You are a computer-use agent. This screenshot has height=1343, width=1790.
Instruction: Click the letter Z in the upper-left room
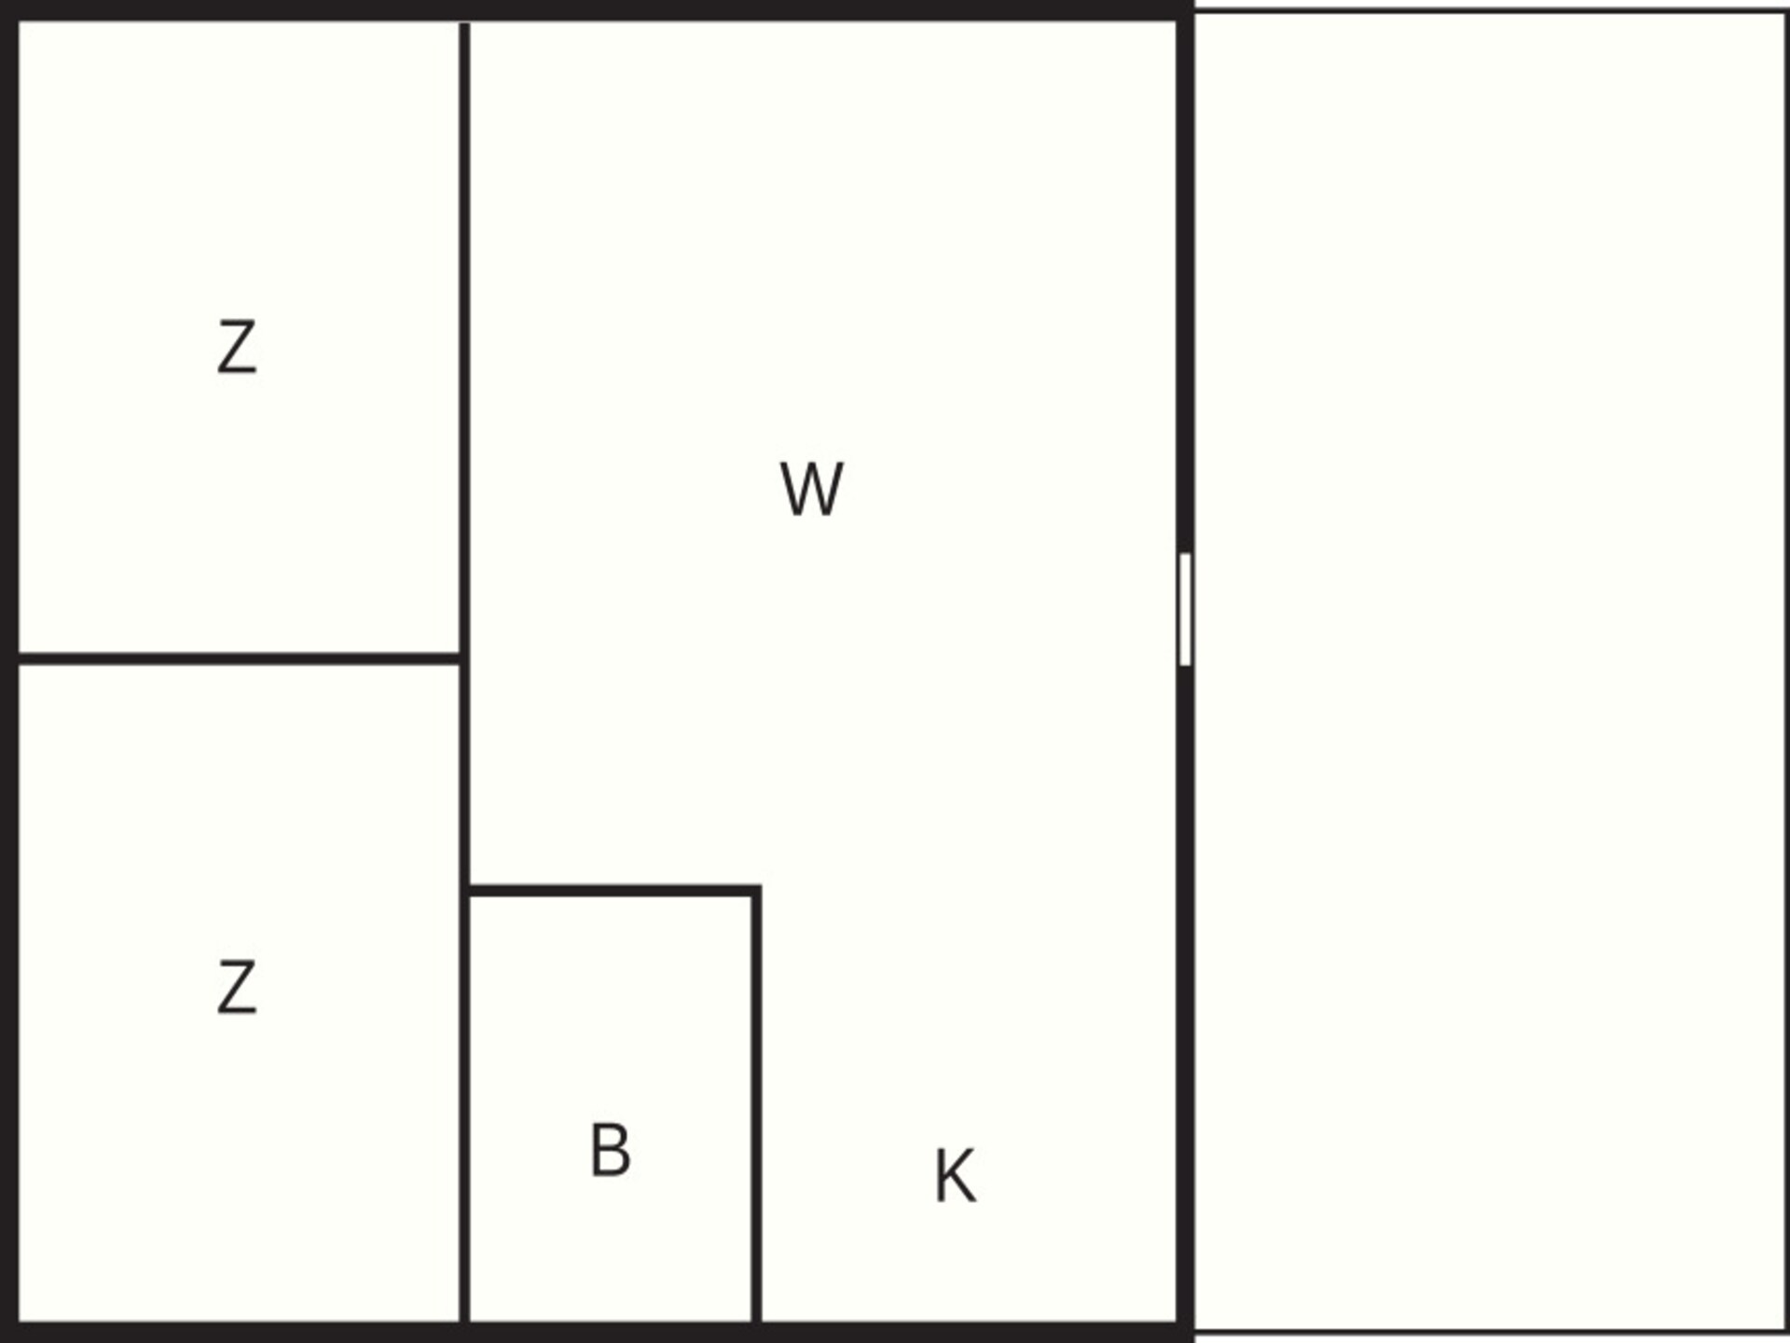coord(237,347)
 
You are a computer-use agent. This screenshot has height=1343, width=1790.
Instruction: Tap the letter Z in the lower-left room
coord(237,988)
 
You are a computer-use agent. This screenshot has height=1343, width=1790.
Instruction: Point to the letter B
coord(611,1149)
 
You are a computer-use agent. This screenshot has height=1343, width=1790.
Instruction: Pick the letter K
coord(956,1176)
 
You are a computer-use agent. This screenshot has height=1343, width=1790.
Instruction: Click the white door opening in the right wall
coord(1185,609)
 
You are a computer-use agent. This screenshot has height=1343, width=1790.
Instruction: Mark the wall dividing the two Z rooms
coord(239,659)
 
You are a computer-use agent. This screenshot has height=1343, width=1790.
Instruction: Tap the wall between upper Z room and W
coord(464,338)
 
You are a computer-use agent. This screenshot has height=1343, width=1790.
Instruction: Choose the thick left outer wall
coord(9,671)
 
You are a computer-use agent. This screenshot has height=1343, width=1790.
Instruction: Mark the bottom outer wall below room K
coord(970,1332)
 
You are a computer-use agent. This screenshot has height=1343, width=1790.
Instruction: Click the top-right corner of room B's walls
coord(756,891)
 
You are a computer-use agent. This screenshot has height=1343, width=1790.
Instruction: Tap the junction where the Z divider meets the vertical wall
coord(464,659)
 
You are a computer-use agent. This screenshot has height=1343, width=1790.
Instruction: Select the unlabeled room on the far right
coord(1490,671)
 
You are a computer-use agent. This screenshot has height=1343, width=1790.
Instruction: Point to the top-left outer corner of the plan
coord(2,2)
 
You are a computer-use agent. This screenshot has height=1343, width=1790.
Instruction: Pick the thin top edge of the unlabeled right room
coord(1490,11)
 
